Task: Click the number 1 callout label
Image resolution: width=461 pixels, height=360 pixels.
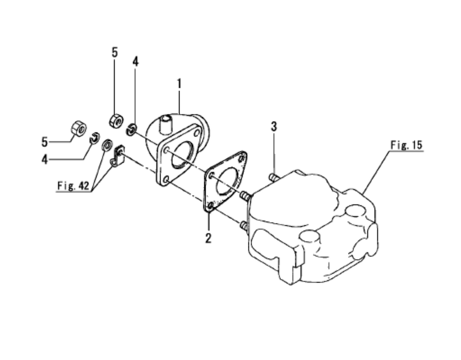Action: pos(179,84)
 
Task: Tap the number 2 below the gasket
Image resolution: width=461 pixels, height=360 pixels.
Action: pos(208,238)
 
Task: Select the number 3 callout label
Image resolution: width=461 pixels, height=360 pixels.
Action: pos(273,126)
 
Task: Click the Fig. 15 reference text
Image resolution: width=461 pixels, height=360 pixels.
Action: pos(406,145)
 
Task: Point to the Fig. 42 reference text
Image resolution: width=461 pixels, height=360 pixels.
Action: pos(73,185)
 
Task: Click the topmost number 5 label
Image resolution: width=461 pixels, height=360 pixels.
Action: pos(115,52)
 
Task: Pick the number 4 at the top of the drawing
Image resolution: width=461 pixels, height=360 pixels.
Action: pos(136,62)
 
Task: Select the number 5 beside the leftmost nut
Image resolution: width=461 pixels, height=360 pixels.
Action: pos(45,142)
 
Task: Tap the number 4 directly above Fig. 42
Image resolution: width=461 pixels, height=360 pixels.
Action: pos(45,159)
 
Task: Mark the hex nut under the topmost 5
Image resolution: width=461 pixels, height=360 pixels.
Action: pos(116,121)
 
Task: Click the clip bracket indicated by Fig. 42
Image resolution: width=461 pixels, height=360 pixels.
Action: pos(118,156)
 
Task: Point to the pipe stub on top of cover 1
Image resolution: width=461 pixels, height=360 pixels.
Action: pos(165,124)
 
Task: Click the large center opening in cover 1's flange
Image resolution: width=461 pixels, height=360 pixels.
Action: pos(182,155)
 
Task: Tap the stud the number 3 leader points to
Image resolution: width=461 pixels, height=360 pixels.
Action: pos(273,177)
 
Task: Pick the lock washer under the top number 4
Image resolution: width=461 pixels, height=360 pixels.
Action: pos(131,130)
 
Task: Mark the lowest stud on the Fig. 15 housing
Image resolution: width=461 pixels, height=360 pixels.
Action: pos(244,225)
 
